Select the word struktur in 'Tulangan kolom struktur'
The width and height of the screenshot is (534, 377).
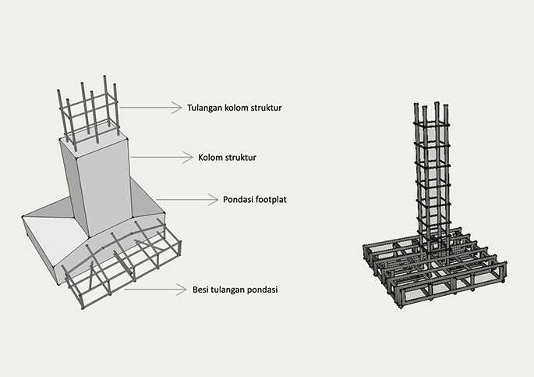[x=267, y=108]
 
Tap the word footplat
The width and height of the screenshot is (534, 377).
[x=271, y=199]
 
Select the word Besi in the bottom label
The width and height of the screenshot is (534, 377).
[x=200, y=290]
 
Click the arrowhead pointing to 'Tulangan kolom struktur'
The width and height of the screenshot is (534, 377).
[x=178, y=108]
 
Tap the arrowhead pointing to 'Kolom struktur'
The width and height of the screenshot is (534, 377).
[x=189, y=158]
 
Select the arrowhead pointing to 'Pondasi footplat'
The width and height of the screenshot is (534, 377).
[x=214, y=200]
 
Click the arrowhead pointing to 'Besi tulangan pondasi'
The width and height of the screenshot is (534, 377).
[x=182, y=290]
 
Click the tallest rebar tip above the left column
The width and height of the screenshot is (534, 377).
[x=104, y=77]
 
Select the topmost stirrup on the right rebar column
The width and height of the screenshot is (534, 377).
[x=431, y=125]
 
